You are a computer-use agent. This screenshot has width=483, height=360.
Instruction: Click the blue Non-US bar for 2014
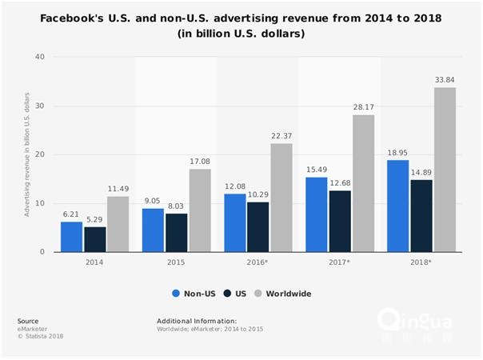click(71, 237)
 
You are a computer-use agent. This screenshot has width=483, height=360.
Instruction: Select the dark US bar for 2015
click(178, 233)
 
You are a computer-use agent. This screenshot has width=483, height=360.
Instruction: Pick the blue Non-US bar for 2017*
click(317, 214)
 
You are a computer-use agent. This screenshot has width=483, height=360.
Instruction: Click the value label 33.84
click(445, 80)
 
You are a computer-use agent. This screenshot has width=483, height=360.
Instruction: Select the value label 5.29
click(95, 220)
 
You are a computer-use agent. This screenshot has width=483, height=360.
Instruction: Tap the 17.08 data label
click(200, 162)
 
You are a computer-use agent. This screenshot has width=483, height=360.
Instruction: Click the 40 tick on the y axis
click(40, 57)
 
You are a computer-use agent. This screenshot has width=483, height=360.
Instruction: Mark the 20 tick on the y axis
click(40, 154)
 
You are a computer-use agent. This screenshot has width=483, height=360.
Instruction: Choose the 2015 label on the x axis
click(176, 261)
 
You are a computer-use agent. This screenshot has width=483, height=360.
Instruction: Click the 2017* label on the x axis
click(340, 261)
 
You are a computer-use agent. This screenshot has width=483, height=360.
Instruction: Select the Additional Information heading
click(197, 321)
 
